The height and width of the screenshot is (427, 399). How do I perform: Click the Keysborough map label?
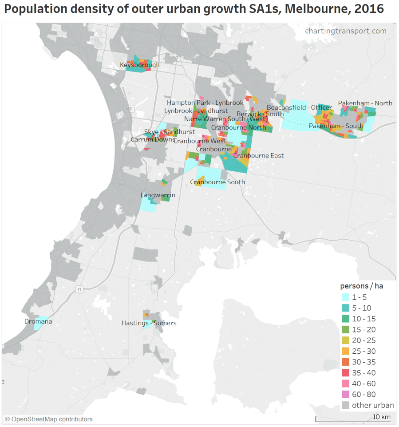[139, 65]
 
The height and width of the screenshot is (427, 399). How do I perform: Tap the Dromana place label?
[38, 321]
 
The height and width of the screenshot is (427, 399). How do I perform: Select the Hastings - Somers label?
[149, 323]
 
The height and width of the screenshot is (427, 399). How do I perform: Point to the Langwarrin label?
[158, 195]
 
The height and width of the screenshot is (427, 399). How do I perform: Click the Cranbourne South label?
[217, 182]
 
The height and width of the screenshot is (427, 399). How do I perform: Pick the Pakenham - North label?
[365, 103]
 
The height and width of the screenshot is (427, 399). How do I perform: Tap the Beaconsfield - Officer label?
[299, 107]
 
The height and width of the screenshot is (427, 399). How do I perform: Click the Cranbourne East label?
[258, 156]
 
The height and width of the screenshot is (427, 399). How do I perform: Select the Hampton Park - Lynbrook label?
[205, 103]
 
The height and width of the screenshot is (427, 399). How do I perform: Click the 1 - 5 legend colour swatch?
[345, 297]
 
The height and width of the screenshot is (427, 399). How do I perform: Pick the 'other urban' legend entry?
[372, 405]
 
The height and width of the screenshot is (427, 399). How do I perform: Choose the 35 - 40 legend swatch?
[345, 373]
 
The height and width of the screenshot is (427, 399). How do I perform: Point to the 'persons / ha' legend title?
[361, 286]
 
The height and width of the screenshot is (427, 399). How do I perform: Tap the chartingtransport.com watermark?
[345, 31]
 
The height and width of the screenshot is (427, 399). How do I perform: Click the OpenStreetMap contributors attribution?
[48, 419]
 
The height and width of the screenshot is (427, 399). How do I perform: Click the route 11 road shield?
[79, 289]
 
